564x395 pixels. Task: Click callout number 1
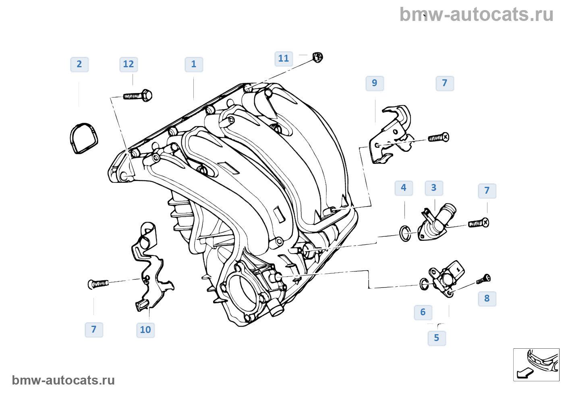pos(194,64)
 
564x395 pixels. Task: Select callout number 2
pos(79,64)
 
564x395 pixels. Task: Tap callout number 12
pos(129,64)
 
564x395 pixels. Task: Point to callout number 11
pos(284,59)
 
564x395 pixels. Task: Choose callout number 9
pos(375,83)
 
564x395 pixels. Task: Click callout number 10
pos(145,330)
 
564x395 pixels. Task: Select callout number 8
pos(487,299)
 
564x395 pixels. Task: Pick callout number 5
pos(437,338)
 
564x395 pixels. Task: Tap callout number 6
pos(423,312)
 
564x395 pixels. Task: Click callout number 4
pos(404,188)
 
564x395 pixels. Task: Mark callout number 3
pos(434,188)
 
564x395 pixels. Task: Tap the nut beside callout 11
pos(318,57)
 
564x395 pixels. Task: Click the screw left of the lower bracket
pos(98,284)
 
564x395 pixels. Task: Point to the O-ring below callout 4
pos(405,233)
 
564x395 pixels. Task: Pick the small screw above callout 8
pos(484,279)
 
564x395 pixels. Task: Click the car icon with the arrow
pos(536,364)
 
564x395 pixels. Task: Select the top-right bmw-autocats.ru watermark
pos(476,15)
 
